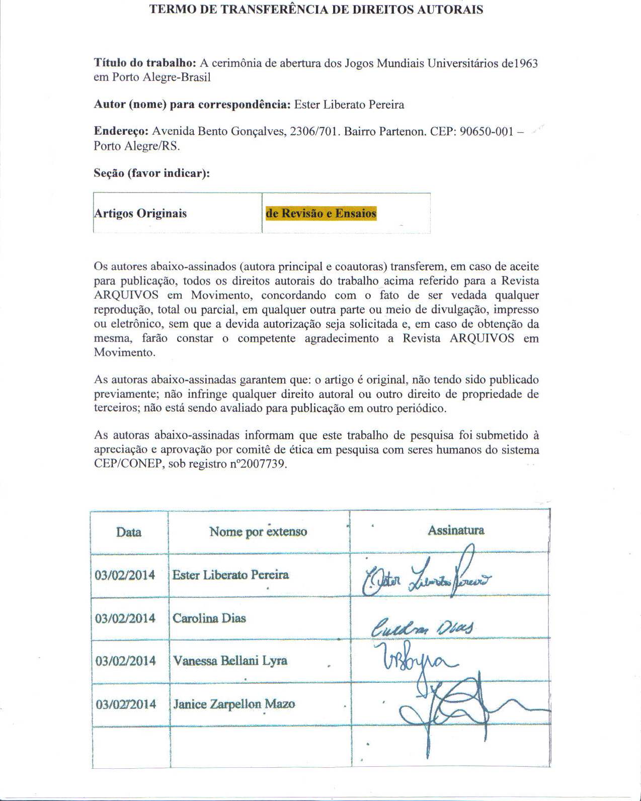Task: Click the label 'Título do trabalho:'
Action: [144, 63]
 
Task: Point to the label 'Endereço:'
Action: [121, 131]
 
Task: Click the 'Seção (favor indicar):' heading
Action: [151, 173]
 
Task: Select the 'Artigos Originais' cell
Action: [140, 213]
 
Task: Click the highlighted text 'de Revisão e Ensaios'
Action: [321, 213]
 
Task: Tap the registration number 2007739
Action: [263, 464]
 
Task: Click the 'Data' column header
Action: [129, 532]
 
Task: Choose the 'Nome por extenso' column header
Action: [258, 531]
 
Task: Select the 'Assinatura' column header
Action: [456, 530]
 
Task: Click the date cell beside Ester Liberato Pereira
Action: [125, 575]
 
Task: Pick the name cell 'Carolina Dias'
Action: [209, 618]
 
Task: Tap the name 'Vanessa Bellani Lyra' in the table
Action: [230, 660]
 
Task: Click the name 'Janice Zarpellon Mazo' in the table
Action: [233, 704]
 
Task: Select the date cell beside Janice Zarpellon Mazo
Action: [126, 704]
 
